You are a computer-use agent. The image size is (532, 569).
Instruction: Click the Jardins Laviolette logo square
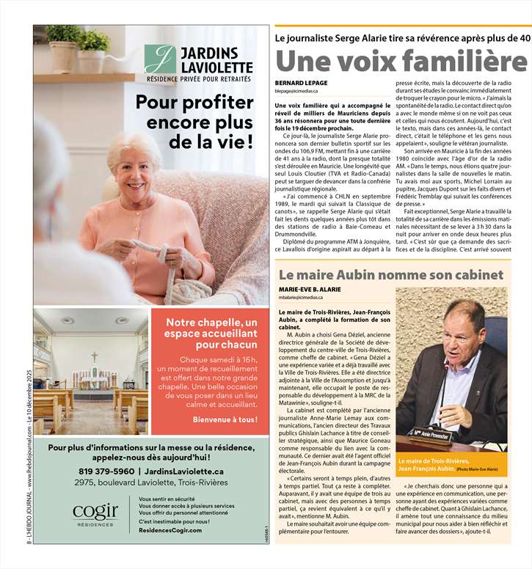click(x=160, y=59)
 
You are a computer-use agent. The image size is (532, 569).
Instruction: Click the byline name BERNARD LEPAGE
click(x=301, y=83)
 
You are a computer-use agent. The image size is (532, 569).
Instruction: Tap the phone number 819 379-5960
click(x=106, y=471)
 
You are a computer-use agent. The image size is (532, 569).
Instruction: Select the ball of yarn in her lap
click(x=163, y=257)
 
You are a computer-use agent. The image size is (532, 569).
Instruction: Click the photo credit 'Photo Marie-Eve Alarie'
click(x=477, y=469)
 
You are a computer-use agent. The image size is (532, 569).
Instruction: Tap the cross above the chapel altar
click(x=94, y=356)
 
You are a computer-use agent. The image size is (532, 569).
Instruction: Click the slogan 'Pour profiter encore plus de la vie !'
click(x=194, y=120)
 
